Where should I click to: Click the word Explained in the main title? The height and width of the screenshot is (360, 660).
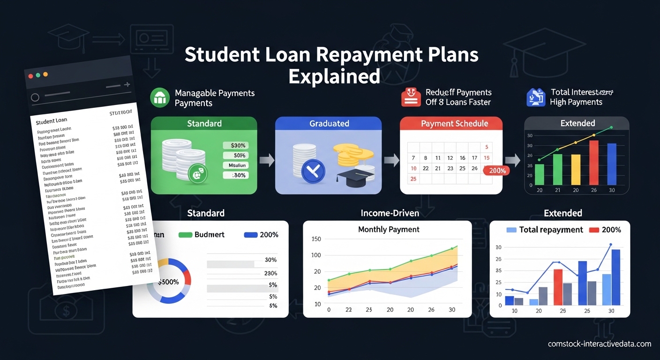click(x=334, y=75)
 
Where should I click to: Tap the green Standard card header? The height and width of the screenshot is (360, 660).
click(x=204, y=124)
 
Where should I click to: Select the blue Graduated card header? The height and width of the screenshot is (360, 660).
click(x=329, y=124)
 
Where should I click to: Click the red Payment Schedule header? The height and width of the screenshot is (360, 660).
click(x=454, y=124)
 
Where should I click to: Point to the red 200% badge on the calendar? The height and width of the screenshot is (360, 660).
click(x=497, y=171)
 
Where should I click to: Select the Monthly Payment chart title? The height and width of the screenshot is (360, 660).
click(x=388, y=229)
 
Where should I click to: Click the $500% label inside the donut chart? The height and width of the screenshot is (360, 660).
click(x=168, y=281)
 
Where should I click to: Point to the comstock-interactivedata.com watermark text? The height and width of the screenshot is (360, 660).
click(x=600, y=344)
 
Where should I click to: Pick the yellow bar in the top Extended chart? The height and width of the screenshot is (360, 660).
click(x=576, y=169)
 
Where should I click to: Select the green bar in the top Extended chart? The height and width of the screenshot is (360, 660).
click(x=540, y=174)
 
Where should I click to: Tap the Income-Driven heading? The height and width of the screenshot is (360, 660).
click(x=390, y=213)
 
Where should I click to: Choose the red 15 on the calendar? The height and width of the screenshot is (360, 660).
click(x=487, y=158)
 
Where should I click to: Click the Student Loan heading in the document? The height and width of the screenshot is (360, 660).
click(x=52, y=121)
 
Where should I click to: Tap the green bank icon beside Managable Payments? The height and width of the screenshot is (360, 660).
click(x=159, y=97)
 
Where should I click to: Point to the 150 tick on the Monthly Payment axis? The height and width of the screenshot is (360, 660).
click(x=316, y=239)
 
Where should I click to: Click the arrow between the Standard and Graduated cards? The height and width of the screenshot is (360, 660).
click(x=266, y=161)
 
